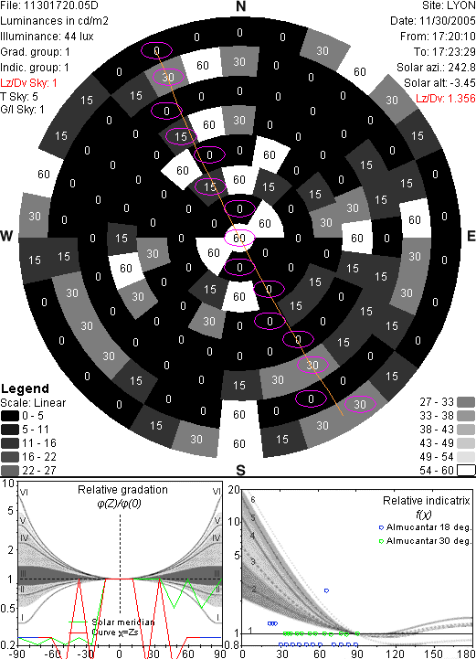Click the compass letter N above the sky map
[240, 6]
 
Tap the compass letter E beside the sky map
[471, 236]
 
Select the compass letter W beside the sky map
[6, 236]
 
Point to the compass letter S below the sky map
[240, 470]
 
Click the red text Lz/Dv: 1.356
[446, 99]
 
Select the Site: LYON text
[449, 5]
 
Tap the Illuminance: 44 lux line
[47, 37]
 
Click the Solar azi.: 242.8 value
[436, 68]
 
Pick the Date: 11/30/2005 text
[433, 21]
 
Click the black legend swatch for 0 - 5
[10, 416]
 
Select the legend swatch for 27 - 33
[466, 402]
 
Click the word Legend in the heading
[25, 388]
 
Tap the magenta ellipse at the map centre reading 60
[239, 238]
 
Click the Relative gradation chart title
[122, 490]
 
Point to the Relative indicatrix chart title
[427, 501]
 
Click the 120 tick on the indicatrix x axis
[395, 654]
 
